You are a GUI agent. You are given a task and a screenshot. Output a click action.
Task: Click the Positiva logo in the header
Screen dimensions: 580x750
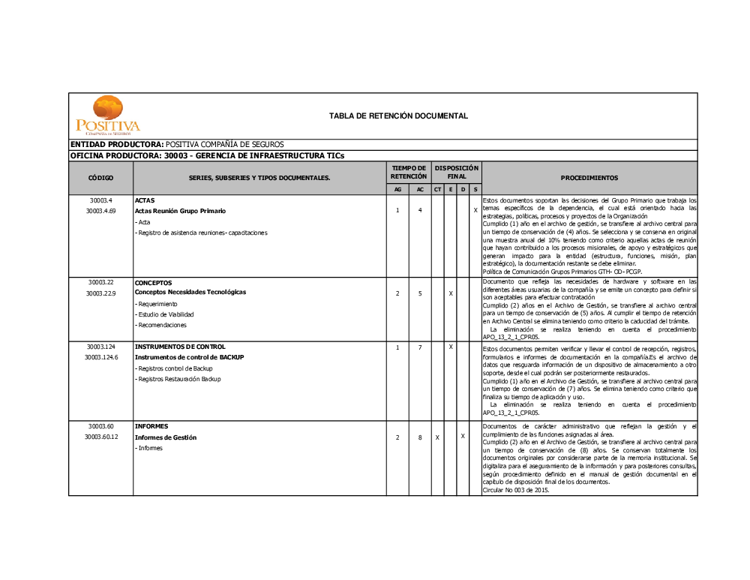pyautogui.click(x=107, y=116)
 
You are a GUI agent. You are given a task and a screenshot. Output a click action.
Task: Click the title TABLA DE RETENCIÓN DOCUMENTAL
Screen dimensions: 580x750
pyautogui.click(x=398, y=116)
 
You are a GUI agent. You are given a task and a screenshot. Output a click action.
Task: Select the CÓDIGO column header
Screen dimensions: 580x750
pyautogui.click(x=100, y=178)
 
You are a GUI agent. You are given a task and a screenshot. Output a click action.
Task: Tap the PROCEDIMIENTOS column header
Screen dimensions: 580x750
pyautogui.click(x=589, y=178)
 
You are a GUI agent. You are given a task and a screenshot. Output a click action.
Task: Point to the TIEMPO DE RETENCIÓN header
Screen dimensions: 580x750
pyautogui.click(x=408, y=172)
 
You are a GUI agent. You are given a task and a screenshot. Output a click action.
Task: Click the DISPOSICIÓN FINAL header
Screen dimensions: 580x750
pyautogui.click(x=456, y=172)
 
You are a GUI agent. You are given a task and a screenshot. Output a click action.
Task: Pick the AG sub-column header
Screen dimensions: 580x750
pyautogui.click(x=397, y=190)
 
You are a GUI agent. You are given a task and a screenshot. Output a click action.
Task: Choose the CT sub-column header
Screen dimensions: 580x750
pyautogui.click(x=437, y=190)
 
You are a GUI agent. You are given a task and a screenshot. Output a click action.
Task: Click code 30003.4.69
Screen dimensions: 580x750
pyautogui.click(x=100, y=211)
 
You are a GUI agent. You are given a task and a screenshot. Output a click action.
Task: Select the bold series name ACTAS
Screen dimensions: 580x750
pyautogui.click(x=144, y=200)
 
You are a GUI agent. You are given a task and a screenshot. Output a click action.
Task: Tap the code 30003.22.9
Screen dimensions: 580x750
pyautogui.click(x=100, y=293)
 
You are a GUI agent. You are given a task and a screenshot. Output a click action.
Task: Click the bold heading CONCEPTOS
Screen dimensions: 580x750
pyautogui.click(x=153, y=283)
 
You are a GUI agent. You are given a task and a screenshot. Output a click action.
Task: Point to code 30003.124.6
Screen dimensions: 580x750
pyautogui.click(x=100, y=357)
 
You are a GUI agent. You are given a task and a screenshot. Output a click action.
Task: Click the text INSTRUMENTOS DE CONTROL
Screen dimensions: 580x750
pyautogui.click(x=180, y=347)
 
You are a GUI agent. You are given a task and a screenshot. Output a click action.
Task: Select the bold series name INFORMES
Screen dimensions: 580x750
pyautogui.click(x=151, y=425)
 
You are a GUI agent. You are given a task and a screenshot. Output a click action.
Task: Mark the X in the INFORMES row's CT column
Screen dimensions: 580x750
pyautogui.click(x=437, y=437)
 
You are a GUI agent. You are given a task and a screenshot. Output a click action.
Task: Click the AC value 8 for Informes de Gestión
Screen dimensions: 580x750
pyautogui.click(x=420, y=437)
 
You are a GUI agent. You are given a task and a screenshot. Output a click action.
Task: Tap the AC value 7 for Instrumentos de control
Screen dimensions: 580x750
pyautogui.click(x=420, y=347)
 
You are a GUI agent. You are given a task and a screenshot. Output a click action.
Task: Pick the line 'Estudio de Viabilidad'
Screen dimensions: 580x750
pyautogui.click(x=165, y=314)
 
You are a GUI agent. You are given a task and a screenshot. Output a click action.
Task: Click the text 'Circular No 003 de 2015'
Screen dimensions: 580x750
pyautogui.click(x=516, y=490)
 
